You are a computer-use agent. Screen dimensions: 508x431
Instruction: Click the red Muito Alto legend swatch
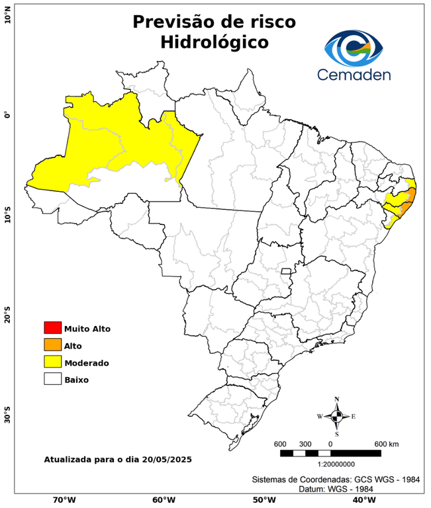[52, 327]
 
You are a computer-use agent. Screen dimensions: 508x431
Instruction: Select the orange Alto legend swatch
[52, 345]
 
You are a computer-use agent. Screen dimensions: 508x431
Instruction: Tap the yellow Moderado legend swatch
[52, 362]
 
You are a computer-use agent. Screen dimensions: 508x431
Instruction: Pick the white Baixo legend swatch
[52, 379]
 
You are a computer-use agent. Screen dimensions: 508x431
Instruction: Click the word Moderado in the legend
[87, 362]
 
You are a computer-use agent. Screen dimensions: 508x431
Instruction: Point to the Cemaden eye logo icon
[357, 46]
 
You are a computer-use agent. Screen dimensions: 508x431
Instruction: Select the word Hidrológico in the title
[214, 42]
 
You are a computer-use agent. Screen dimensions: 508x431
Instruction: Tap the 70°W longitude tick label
[64, 499]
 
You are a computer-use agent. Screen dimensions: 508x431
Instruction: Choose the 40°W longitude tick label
[362, 499]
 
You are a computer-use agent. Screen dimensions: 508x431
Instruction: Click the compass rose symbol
[337, 416]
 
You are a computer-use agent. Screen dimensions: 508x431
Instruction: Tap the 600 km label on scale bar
[386, 443]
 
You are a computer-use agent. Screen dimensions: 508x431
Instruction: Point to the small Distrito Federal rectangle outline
[287, 271]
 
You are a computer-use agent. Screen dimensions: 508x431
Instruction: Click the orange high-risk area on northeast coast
[410, 198]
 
